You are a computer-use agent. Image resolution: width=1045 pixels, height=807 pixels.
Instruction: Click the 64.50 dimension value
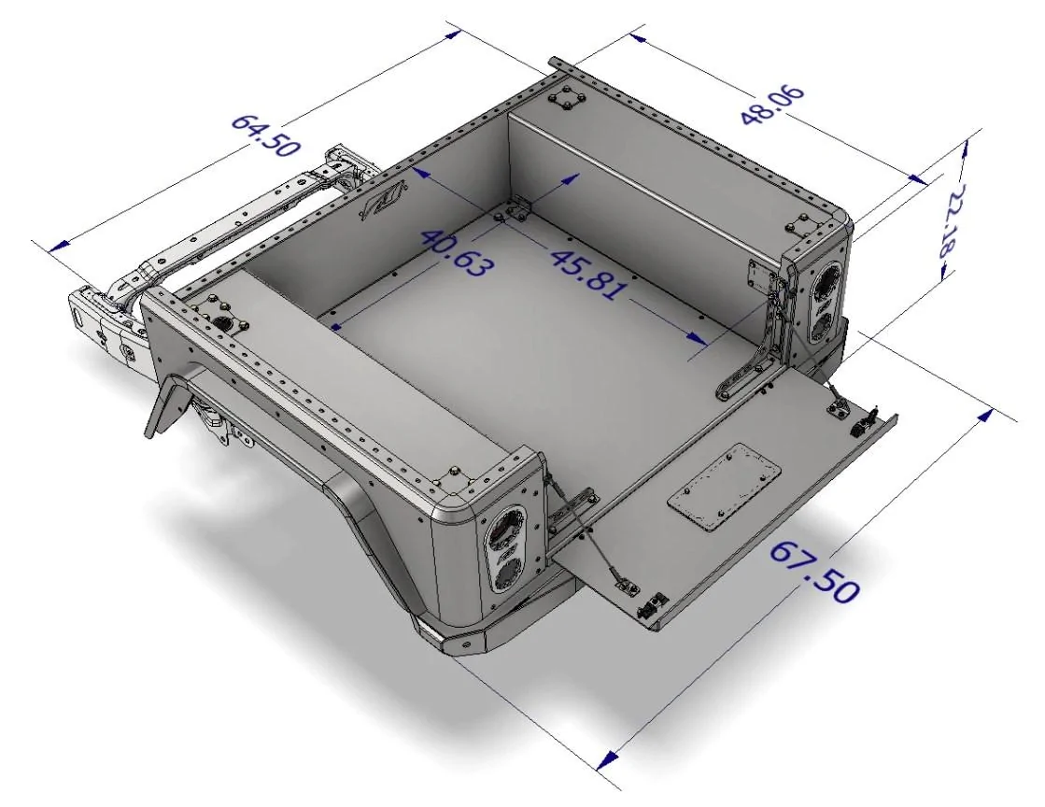(264, 136)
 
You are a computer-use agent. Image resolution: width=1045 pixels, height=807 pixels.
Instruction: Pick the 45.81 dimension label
(587, 274)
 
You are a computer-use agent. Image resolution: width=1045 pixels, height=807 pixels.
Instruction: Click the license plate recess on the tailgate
(723, 486)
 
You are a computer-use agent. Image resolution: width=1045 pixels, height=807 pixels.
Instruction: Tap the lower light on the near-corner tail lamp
(510, 573)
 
